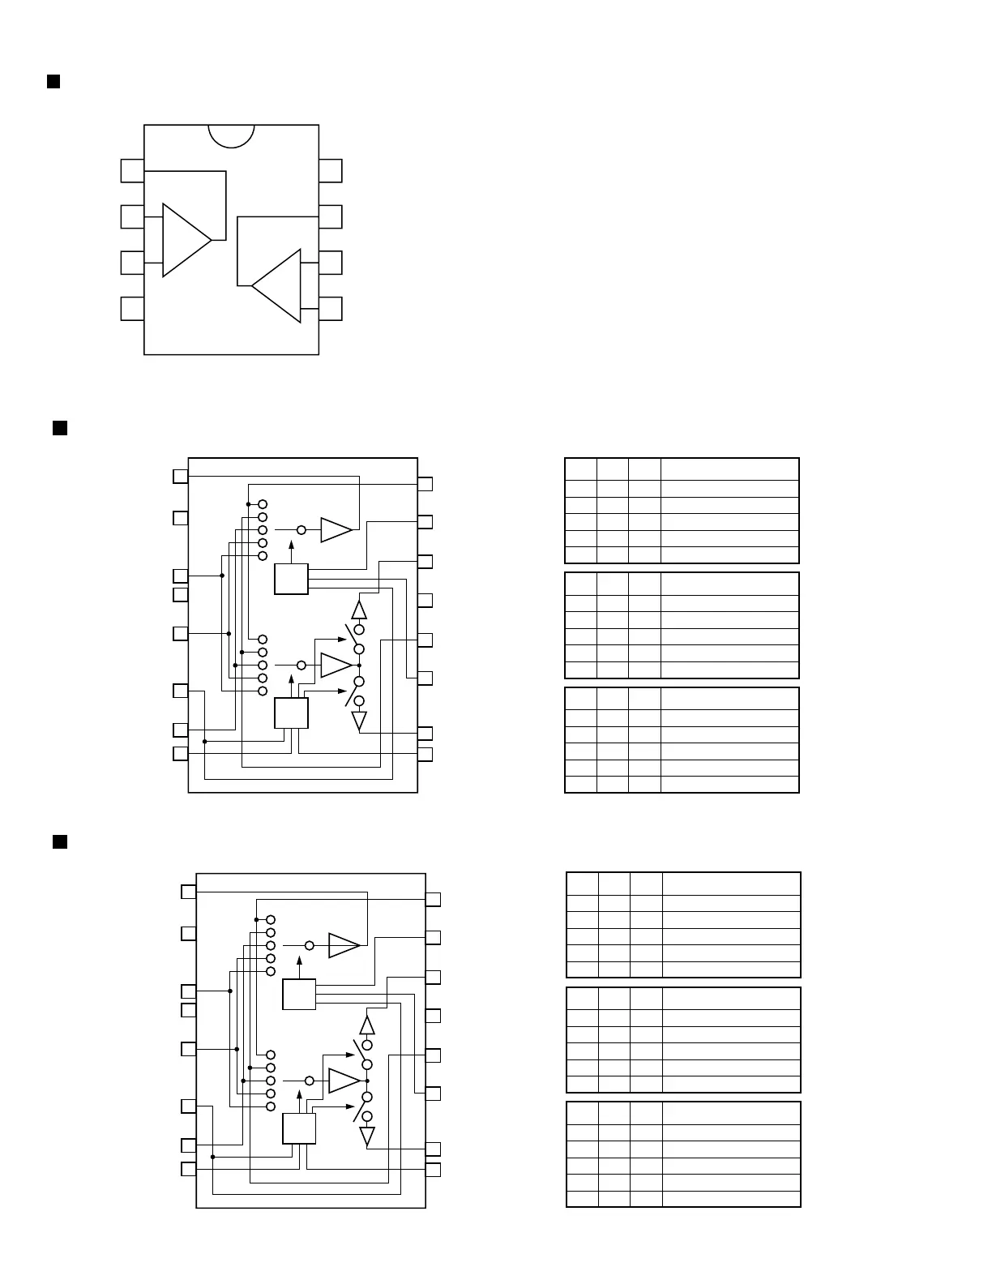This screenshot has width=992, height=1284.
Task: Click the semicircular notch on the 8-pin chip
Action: click(x=231, y=135)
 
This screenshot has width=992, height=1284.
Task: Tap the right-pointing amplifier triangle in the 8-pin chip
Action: click(x=184, y=240)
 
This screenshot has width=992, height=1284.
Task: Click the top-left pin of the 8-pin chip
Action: click(x=132, y=171)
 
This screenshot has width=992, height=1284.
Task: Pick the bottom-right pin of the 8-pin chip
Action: click(x=331, y=309)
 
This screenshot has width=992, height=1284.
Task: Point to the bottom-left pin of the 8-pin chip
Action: click(x=132, y=309)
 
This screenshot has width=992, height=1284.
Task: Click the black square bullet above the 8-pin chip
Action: click(x=53, y=81)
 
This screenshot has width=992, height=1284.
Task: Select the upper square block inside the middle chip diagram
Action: click(x=291, y=579)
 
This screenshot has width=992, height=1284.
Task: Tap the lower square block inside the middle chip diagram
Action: click(x=291, y=713)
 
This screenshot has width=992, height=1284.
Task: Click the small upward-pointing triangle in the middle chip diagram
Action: click(x=359, y=610)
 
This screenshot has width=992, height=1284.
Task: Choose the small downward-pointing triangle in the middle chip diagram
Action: click(x=359, y=720)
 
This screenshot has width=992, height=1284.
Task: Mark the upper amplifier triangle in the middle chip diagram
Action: click(x=336, y=529)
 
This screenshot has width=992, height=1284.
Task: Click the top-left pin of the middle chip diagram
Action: click(x=181, y=476)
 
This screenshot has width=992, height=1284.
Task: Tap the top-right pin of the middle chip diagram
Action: click(x=425, y=484)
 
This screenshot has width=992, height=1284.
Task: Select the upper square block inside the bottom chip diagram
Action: click(x=299, y=994)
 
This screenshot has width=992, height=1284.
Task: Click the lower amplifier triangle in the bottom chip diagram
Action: click(x=344, y=1081)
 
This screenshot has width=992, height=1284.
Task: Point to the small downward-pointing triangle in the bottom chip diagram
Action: click(x=367, y=1136)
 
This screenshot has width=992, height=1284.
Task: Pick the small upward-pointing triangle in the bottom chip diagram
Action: click(x=367, y=1025)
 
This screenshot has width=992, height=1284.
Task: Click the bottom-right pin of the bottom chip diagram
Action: click(x=433, y=1170)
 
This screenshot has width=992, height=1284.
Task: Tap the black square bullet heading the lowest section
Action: click(x=59, y=841)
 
